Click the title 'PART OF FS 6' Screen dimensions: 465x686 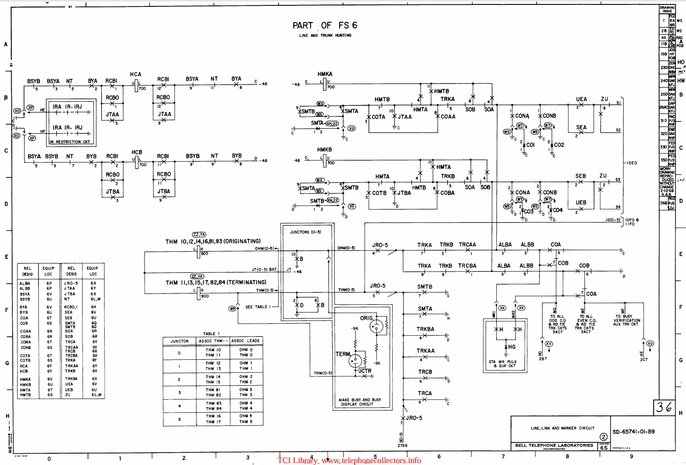(325, 26)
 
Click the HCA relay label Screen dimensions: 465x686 (136, 74)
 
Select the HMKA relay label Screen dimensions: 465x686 (325, 74)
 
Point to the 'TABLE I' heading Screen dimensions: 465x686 (212, 334)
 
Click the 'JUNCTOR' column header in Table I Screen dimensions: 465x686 (179, 341)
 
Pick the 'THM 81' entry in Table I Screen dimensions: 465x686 (213, 390)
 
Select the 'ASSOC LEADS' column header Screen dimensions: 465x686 (246, 341)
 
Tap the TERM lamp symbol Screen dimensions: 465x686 (355, 361)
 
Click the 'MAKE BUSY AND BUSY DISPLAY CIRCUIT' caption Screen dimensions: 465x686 (360, 402)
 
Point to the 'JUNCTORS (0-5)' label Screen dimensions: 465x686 (305, 232)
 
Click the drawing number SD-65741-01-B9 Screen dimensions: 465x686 (633, 432)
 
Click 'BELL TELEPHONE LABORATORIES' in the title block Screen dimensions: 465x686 (554, 445)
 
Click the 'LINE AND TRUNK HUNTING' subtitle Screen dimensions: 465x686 (325, 35)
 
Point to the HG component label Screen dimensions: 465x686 (512, 347)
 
